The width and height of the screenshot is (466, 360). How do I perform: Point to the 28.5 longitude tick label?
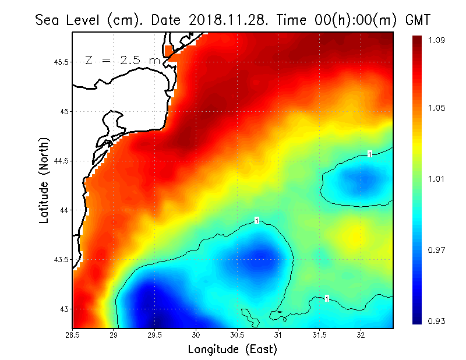pyautogui.click(x=73, y=335)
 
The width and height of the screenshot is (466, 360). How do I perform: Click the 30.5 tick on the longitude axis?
pyautogui.click(x=237, y=335)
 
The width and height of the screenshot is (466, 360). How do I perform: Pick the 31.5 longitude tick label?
pyautogui.click(x=319, y=335)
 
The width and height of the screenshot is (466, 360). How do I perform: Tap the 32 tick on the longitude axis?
pyautogui.click(x=361, y=335)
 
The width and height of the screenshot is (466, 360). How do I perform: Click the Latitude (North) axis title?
pyautogui.click(x=44, y=180)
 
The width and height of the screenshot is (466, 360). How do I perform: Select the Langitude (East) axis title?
pyautogui.click(x=232, y=349)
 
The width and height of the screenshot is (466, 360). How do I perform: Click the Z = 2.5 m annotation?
pyautogui.click(x=122, y=61)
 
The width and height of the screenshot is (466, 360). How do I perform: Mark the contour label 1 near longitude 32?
pyautogui.click(x=370, y=154)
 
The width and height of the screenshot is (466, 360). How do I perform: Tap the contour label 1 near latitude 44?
pyautogui.click(x=256, y=220)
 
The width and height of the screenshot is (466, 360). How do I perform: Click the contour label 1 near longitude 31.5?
pyautogui.click(x=327, y=298)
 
